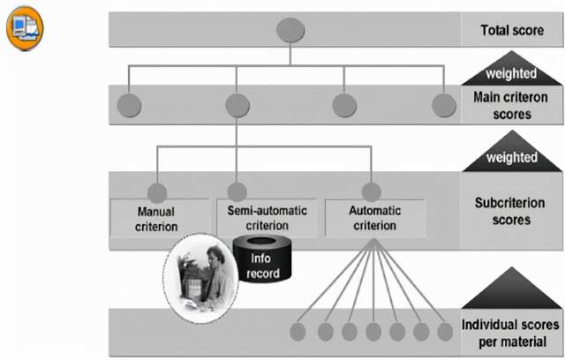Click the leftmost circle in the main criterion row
(129, 105)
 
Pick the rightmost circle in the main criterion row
(444, 105)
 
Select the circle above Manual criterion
(157, 191)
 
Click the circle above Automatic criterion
(372, 191)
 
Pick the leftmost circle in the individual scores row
(301, 332)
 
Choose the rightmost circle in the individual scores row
(447, 332)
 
